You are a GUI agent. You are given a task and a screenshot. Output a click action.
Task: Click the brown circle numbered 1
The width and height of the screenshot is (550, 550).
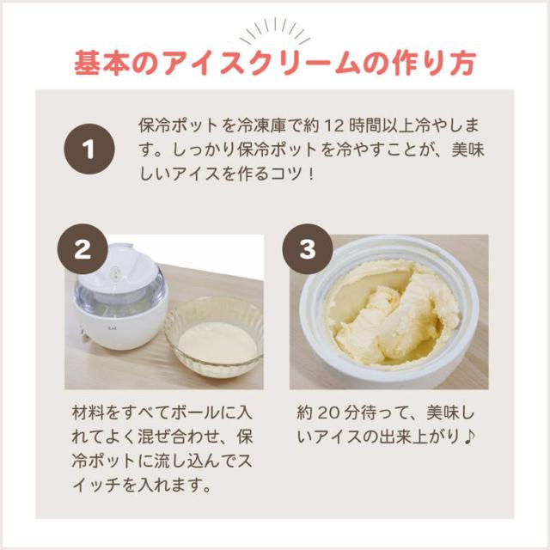point(89,149)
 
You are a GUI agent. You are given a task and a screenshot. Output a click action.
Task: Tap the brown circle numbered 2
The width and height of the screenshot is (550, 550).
point(82,249)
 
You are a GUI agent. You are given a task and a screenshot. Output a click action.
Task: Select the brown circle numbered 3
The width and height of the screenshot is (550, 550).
point(308,249)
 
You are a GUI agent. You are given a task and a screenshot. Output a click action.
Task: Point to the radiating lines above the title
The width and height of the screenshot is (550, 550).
point(275,31)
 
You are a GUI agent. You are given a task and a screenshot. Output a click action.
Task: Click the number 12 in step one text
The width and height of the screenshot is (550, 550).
point(333,126)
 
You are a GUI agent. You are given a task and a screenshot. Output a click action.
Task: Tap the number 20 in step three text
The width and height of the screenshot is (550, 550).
point(327,412)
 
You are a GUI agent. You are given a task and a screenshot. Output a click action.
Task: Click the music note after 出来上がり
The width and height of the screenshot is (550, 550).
point(469,437)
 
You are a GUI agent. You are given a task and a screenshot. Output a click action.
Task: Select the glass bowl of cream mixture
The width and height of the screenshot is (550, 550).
point(214,336)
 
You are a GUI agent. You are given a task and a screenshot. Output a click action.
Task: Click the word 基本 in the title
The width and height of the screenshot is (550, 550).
point(101,64)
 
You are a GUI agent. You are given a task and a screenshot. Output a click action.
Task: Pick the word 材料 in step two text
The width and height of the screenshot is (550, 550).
point(89,412)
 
